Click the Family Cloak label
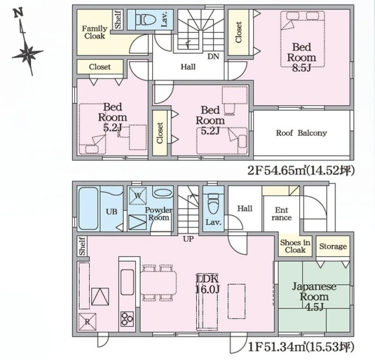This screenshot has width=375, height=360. tap(95, 32)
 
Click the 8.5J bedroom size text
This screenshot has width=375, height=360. tap(301, 68)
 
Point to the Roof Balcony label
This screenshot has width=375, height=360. tap(301, 133)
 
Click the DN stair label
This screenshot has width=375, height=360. tap(213, 56)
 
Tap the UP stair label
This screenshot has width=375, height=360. tap(188, 239)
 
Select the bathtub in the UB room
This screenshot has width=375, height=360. tap(88, 208)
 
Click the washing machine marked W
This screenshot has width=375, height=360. tap(137, 196)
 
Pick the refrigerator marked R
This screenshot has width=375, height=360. tap(87, 322)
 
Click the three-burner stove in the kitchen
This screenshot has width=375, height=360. tap(127, 319)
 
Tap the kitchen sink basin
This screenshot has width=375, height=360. tap(127, 282)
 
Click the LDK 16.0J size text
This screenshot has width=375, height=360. tap(207, 284)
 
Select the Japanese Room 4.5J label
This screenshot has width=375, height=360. tap(314, 296)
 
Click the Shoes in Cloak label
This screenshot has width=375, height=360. tap(295, 246)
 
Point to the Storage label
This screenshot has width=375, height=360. tap(333, 246)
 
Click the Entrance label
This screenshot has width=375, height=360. tap(282, 214)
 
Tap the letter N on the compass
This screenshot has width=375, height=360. tap(18, 13)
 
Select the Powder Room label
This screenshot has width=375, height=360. tap(158, 214)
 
